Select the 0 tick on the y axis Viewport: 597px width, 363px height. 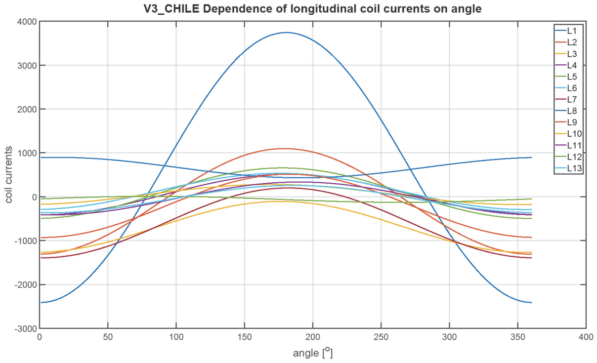pyautogui.click(x=32, y=197)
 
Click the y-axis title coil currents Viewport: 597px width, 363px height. pyautogui.click(x=9, y=175)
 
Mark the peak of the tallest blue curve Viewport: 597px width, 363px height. pyautogui.click(x=286, y=32)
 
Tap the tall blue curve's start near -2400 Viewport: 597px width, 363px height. pyautogui.click(x=40, y=302)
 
